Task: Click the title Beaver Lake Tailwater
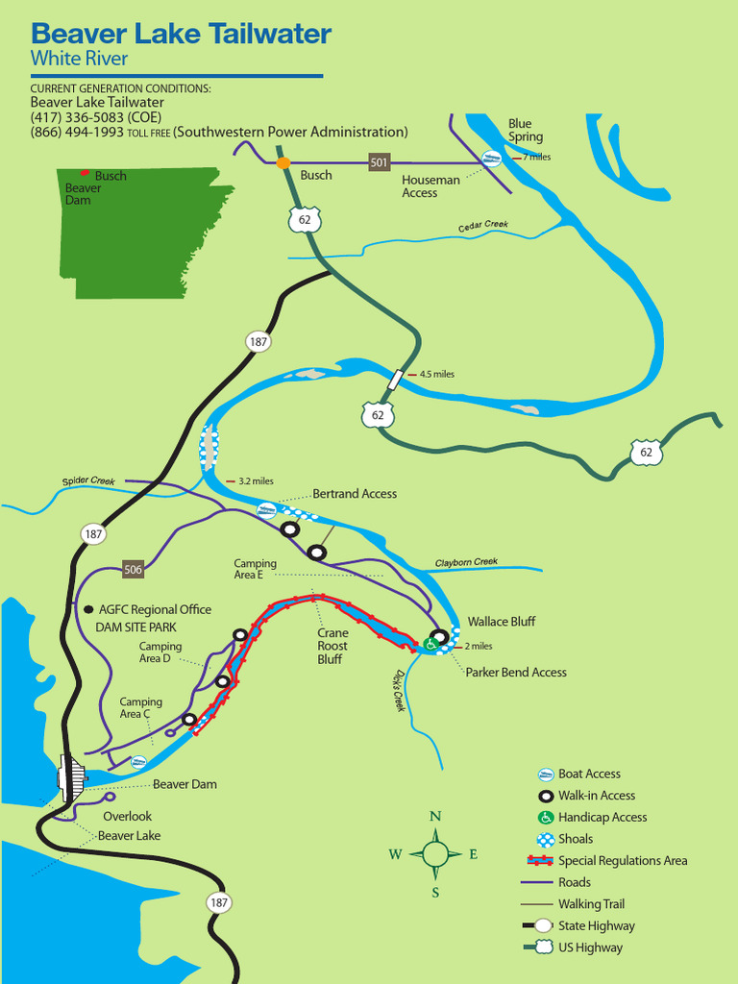click(181, 35)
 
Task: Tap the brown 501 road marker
click(380, 162)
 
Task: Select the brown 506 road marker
click(133, 570)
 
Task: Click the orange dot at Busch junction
click(283, 162)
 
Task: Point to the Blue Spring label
click(525, 130)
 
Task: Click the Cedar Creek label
click(482, 225)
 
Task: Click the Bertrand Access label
click(354, 494)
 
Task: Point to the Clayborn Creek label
click(466, 562)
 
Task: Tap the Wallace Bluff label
click(501, 622)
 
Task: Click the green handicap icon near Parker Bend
click(431, 644)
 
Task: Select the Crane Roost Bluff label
click(332, 646)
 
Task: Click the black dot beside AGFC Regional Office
click(88, 609)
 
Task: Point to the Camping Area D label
click(160, 652)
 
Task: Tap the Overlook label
click(127, 816)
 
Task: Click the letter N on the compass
click(435, 816)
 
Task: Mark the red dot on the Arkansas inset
click(85, 173)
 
